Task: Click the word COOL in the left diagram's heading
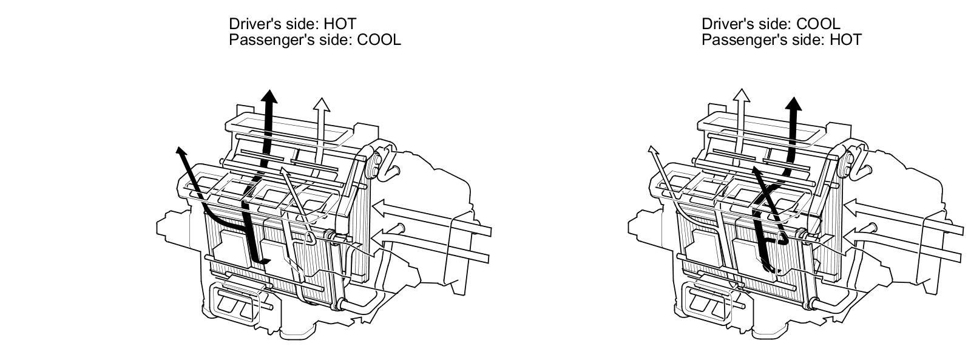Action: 379,40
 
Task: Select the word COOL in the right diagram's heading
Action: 818,24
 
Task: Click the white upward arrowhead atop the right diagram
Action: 740,96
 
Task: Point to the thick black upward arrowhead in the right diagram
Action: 793,103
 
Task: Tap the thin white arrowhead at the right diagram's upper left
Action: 652,150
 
